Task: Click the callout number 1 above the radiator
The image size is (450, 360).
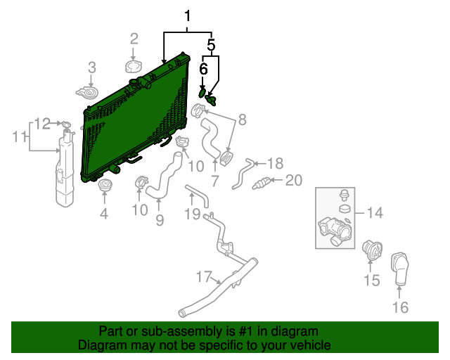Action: coord(187,16)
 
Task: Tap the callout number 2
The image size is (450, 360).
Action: coord(134,39)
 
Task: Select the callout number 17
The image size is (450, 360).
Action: coord(204,277)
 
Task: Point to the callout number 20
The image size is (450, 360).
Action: coord(294,180)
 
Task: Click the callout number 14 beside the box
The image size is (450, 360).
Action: coord(375,213)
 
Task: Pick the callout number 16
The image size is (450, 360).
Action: coord(400,307)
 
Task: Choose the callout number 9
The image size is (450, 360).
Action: coord(160,220)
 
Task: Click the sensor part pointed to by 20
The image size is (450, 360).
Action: coord(261,184)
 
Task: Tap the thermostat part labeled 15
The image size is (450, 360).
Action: coord(372,250)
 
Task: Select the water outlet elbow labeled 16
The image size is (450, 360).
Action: coord(400,269)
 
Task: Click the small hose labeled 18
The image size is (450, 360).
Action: coord(243,174)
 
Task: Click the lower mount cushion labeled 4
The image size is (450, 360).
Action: coord(105,185)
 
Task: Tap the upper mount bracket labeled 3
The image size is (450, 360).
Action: coord(87,92)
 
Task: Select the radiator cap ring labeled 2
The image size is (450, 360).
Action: coord(134,67)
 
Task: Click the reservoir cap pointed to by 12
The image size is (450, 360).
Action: coord(66,125)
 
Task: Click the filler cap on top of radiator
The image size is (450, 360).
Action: coord(134,82)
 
